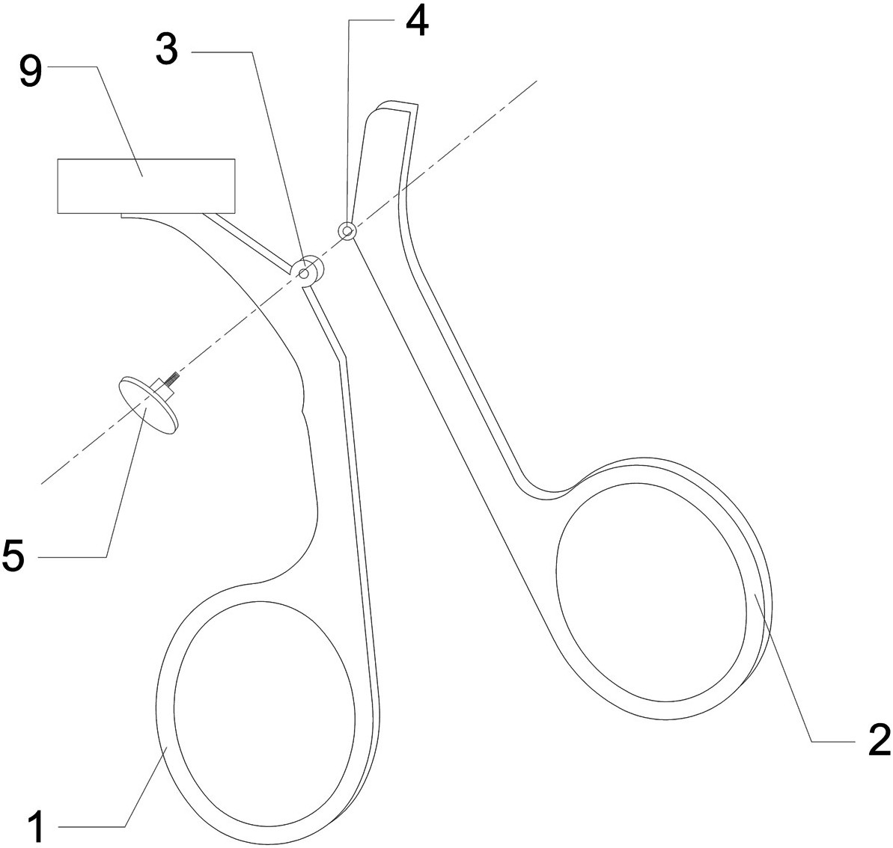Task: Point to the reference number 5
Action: click(16, 557)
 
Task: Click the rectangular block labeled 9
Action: click(146, 186)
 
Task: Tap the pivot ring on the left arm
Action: click(306, 271)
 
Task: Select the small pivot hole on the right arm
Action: click(347, 231)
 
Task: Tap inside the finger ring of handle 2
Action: click(651, 591)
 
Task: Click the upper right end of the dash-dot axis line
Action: click(536, 79)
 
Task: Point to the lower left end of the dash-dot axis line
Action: click(42, 483)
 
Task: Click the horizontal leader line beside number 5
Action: click(72, 557)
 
